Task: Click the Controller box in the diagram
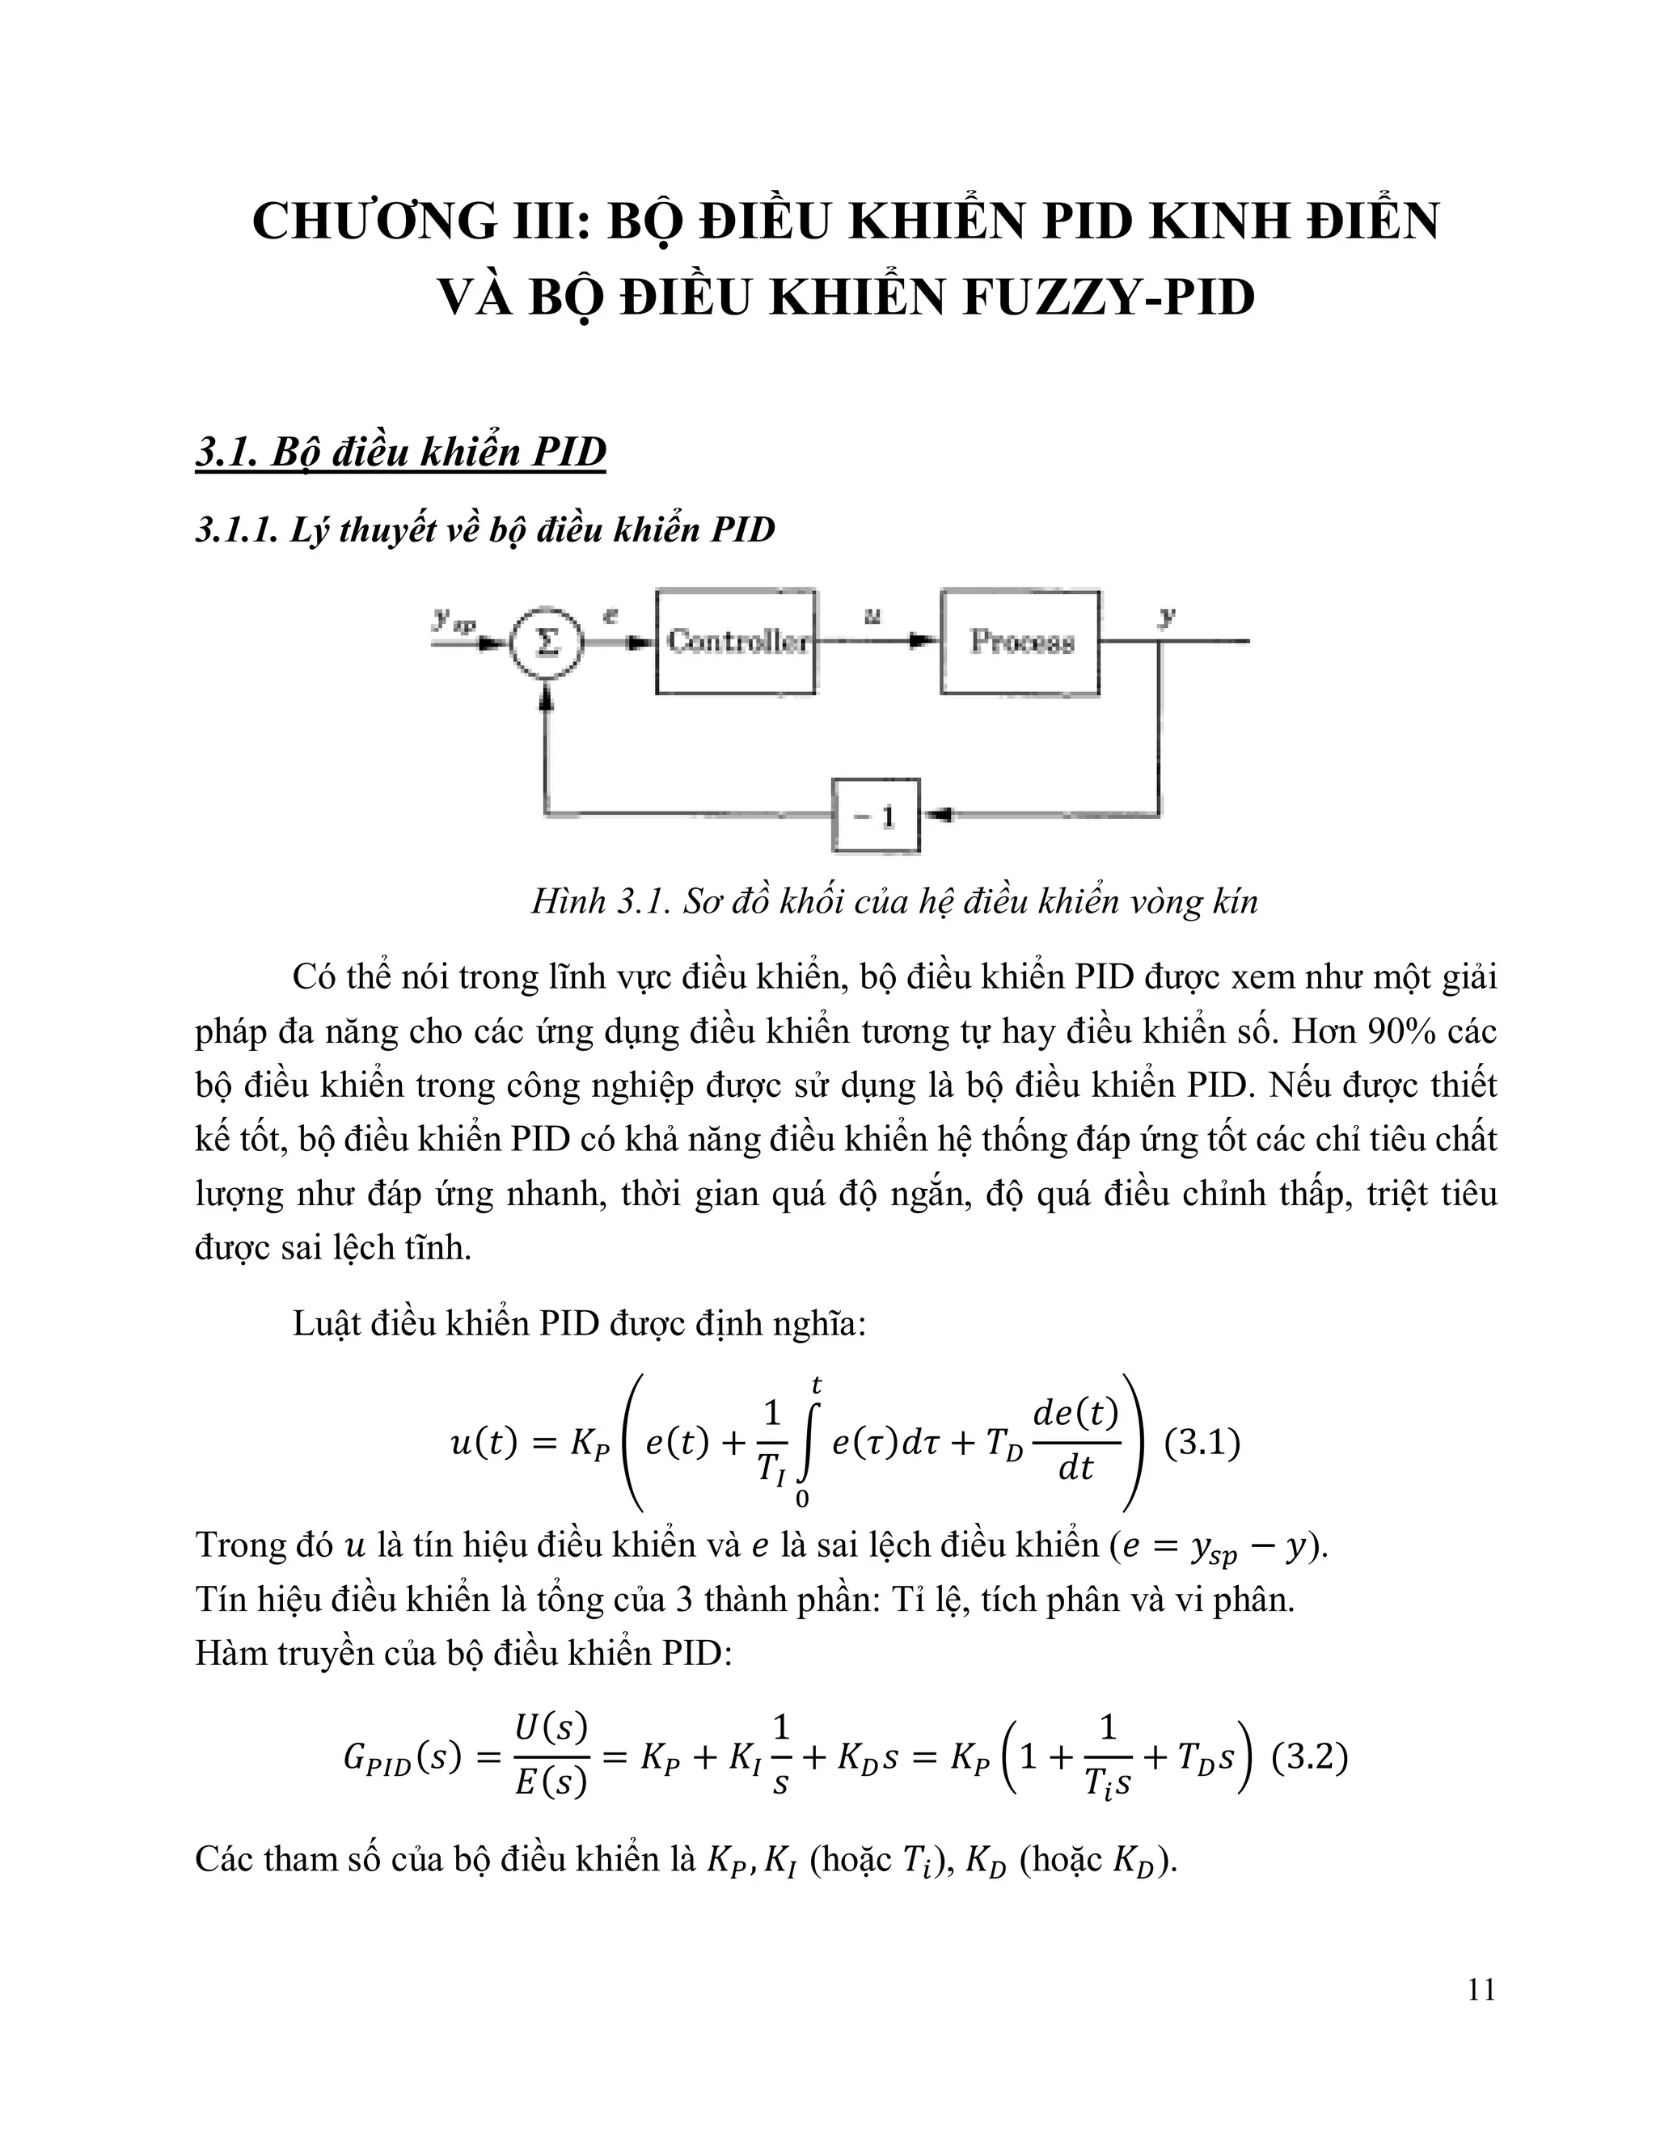(x=736, y=642)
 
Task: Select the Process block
(x=1020, y=642)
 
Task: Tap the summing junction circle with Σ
(x=547, y=643)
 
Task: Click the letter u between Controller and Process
(x=871, y=616)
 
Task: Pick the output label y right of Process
(x=1167, y=616)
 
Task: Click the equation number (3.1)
(x=1202, y=1443)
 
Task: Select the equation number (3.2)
(x=1309, y=1756)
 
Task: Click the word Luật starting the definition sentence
(x=327, y=1324)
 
